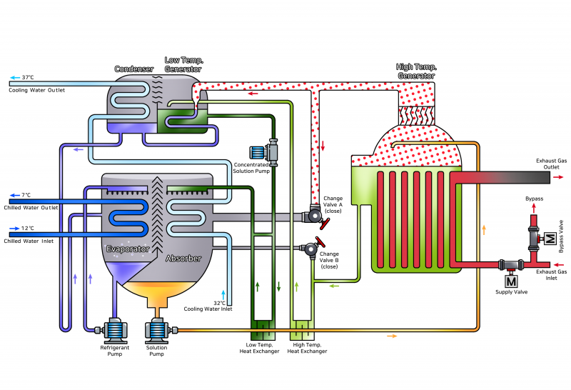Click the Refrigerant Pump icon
coord(114,329)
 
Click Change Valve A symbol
coord(315,215)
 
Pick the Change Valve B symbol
coord(311,249)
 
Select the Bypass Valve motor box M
coord(550,239)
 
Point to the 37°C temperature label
coord(28,77)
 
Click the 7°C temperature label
coord(26,195)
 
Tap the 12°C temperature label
coord(27,229)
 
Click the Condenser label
coord(134,69)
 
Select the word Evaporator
coord(128,249)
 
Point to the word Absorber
coord(183,258)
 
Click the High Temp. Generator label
coord(416,71)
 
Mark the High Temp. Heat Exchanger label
coord(307,348)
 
